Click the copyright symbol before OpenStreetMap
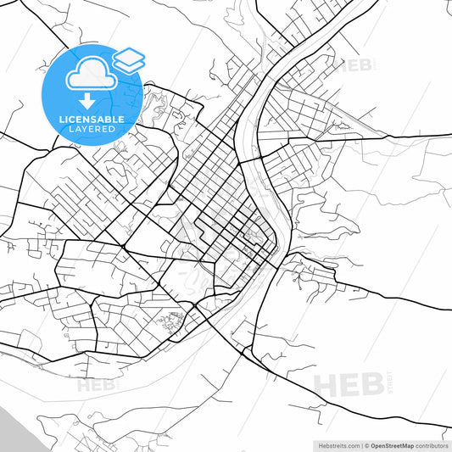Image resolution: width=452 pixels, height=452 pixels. click(x=366, y=445)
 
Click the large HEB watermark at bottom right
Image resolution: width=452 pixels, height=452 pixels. click(x=349, y=383)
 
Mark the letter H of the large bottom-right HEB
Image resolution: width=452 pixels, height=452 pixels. click(x=327, y=383)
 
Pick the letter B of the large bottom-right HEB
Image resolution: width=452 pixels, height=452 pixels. click(x=371, y=383)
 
